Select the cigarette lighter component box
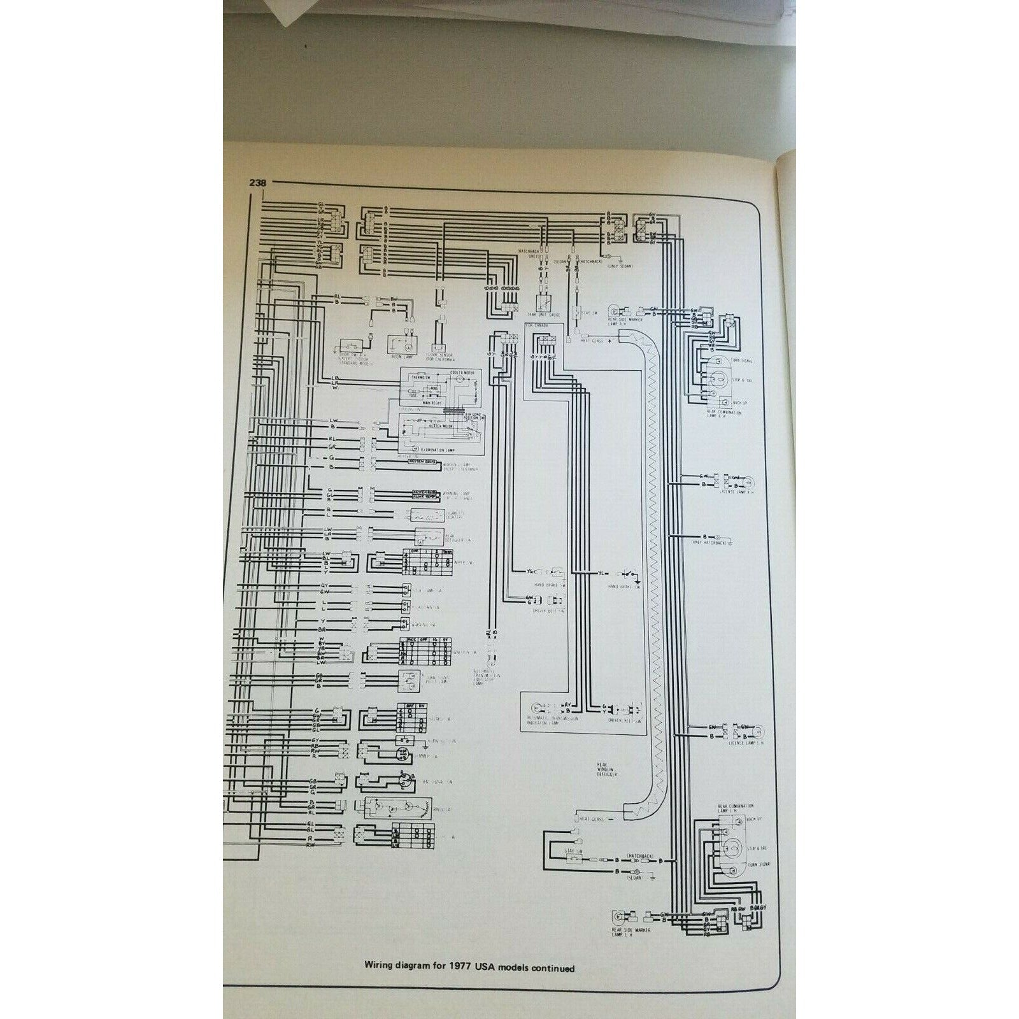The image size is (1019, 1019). [x=431, y=515]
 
